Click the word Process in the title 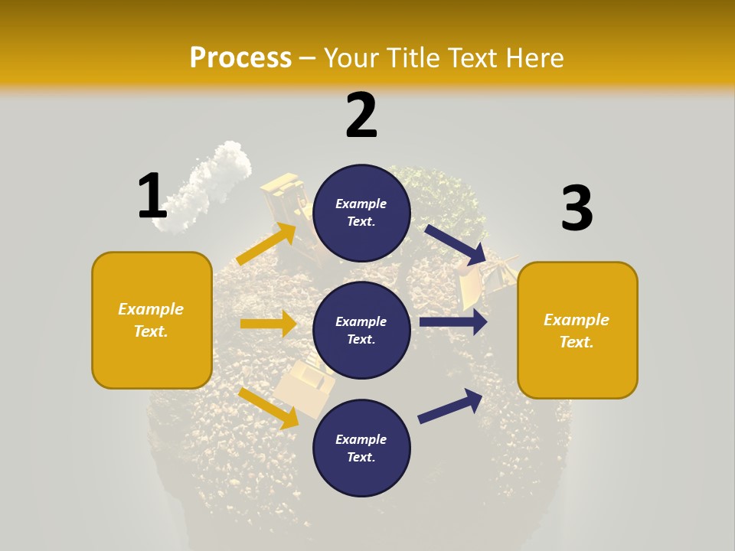click(x=240, y=57)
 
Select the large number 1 click(x=152, y=196)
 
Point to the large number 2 click(x=361, y=116)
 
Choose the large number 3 click(x=577, y=209)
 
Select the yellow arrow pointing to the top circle click(x=266, y=244)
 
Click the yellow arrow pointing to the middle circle click(x=268, y=324)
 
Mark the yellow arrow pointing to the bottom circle click(x=268, y=408)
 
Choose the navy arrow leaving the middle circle click(x=453, y=322)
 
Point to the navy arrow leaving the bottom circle click(x=450, y=406)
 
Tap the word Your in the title click(x=351, y=57)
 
